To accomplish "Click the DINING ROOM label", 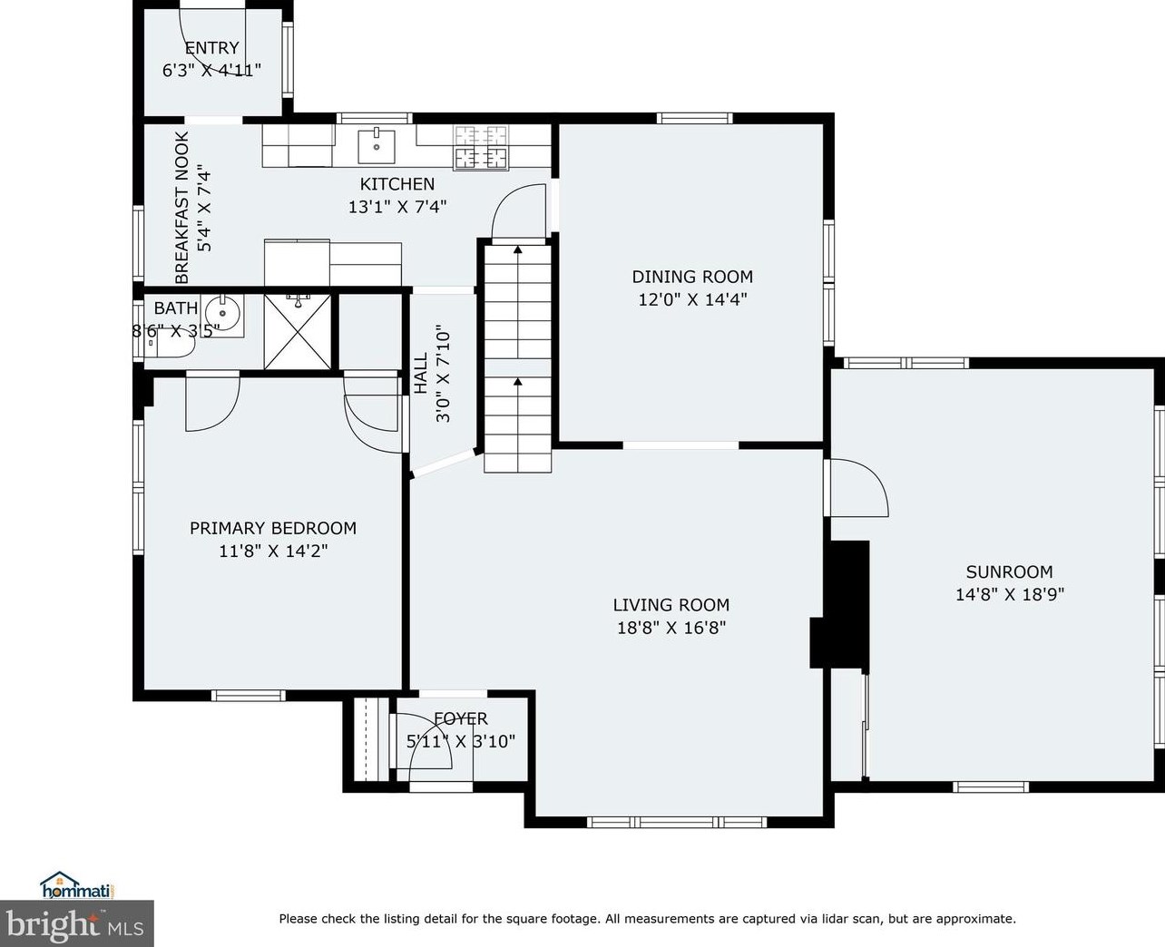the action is [692, 277].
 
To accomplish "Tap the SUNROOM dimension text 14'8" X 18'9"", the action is [1010, 594].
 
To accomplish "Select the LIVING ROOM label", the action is [671, 605].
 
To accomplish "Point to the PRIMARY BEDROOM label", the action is [273, 528].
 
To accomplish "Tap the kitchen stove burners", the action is [481, 147].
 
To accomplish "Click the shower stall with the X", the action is [297, 331].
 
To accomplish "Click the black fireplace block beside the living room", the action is [840, 604].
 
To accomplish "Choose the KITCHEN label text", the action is [397, 184].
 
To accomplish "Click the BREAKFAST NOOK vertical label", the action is [181, 208].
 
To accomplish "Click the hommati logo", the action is [76, 885].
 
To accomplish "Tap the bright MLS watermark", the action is [76, 924].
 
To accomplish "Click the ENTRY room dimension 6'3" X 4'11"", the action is [211, 70].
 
